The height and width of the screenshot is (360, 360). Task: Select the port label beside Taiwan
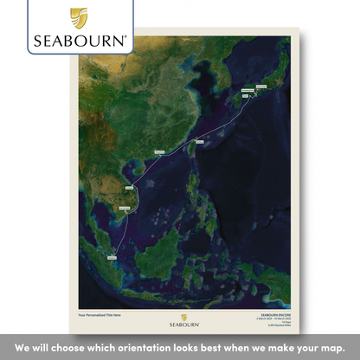[200, 139]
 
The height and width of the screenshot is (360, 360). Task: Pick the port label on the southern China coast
[159, 153]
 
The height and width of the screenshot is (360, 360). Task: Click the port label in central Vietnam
[131, 187]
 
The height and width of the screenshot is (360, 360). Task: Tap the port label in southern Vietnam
[124, 209]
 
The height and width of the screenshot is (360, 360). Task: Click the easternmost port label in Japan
[258, 87]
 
